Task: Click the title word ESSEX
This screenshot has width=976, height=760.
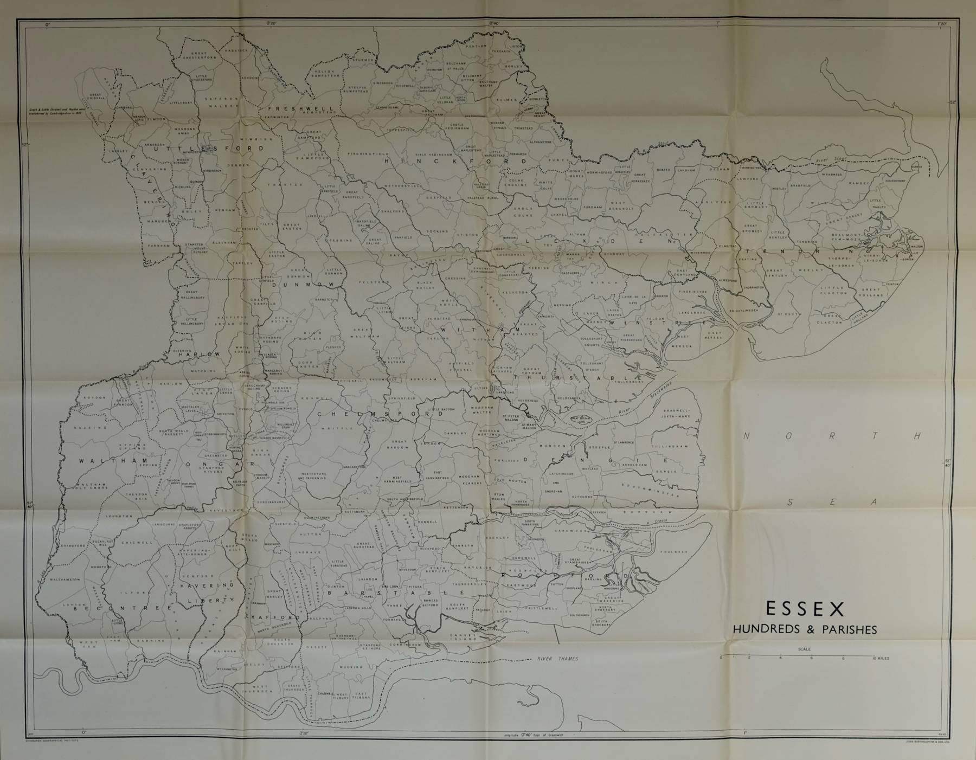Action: (x=805, y=609)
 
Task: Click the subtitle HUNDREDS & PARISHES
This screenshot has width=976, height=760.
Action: (x=805, y=630)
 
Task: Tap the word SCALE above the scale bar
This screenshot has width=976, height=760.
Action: (x=804, y=649)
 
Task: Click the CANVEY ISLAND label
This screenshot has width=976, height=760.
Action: (x=464, y=637)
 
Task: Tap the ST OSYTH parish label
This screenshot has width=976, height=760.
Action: (x=787, y=313)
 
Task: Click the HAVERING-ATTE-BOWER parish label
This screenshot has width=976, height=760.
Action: (x=194, y=552)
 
